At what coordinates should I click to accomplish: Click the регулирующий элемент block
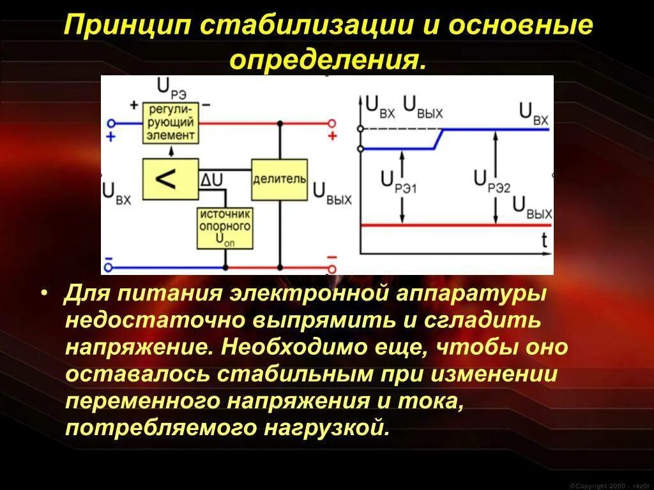pos(170,122)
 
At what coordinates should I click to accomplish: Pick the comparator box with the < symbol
pos(170,179)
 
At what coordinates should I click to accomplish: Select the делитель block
pos(280,180)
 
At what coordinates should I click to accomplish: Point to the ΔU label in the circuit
pos(211,181)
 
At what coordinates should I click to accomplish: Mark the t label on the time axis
pos(544,240)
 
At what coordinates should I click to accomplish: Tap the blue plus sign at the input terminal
pos(110,137)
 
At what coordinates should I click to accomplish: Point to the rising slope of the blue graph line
pos(439,139)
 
